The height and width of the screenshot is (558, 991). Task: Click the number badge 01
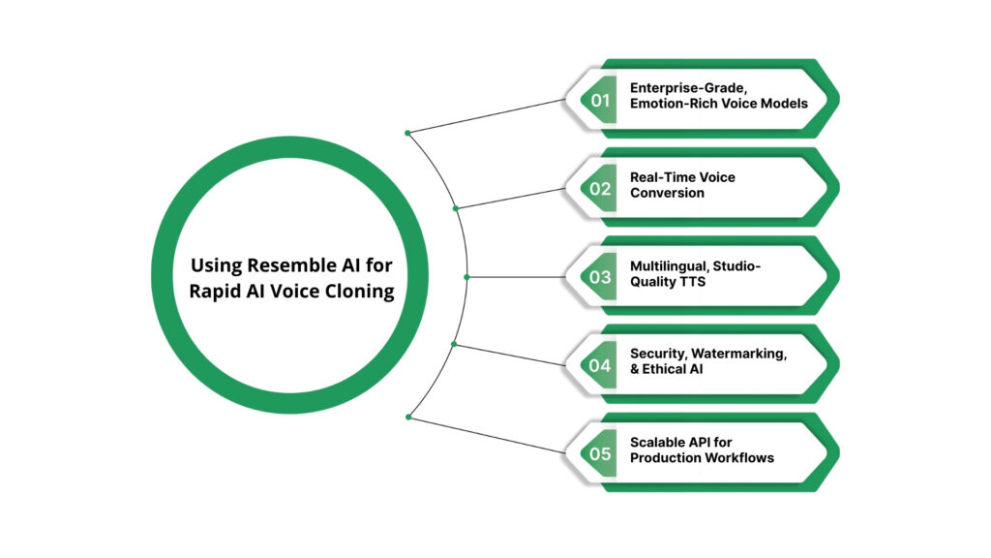click(601, 100)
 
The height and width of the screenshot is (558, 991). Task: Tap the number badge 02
click(601, 188)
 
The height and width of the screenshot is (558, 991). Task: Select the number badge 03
click(601, 277)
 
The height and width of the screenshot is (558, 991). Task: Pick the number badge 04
click(601, 365)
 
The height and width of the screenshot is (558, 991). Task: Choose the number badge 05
click(601, 453)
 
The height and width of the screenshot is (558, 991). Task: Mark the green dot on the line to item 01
click(408, 133)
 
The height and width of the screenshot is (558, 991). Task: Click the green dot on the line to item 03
click(466, 277)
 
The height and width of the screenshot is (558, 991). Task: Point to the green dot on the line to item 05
click(408, 418)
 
